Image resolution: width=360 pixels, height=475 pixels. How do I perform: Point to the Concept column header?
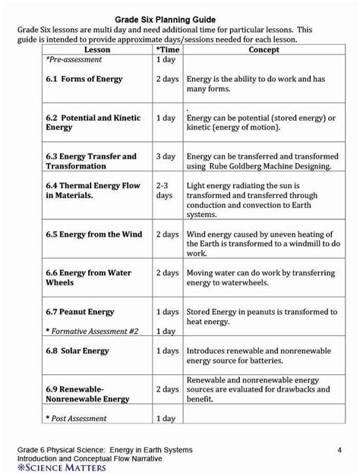(x=264, y=50)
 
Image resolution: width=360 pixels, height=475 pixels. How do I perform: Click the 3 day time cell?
(x=166, y=156)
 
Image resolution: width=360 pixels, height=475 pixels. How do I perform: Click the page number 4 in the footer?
(x=338, y=451)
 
